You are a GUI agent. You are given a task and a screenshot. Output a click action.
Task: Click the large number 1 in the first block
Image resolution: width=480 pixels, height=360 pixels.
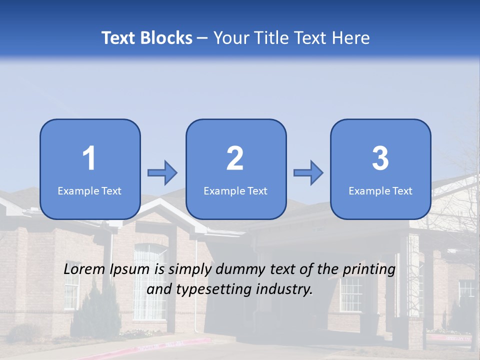pyautogui.click(x=89, y=158)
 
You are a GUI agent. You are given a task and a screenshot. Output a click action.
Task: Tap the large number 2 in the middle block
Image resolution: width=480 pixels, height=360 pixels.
pyautogui.click(x=235, y=158)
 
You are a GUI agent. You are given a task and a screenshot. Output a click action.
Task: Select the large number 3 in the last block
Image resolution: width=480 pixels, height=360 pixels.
pyautogui.click(x=380, y=158)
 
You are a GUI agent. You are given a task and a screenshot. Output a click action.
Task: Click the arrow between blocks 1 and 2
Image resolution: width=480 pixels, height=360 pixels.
pyautogui.click(x=162, y=173)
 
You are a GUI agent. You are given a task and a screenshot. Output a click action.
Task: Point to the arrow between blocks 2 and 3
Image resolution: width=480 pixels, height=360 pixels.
pyautogui.click(x=308, y=173)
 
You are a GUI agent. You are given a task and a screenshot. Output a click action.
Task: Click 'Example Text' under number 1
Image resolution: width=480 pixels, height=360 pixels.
pyautogui.click(x=89, y=190)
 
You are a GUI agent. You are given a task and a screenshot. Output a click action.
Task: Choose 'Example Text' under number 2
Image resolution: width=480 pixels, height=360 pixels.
pyautogui.click(x=235, y=190)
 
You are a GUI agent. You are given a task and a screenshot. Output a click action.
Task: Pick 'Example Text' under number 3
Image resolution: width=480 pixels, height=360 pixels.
pyautogui.click(x=380, y=190)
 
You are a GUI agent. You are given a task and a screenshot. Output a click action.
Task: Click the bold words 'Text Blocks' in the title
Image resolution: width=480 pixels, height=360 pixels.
pyautogui.click(x=147, y=38)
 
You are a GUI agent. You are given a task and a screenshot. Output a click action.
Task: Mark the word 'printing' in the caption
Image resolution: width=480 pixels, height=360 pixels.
pyautogui.click(x=368, y=270)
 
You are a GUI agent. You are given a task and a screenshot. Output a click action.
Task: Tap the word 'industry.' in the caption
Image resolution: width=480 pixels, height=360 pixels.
pyautogui.click(x=284, y=289)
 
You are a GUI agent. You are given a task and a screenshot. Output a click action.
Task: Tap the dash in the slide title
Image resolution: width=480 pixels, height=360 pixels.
pyautogui.click(x=202, y=38)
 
